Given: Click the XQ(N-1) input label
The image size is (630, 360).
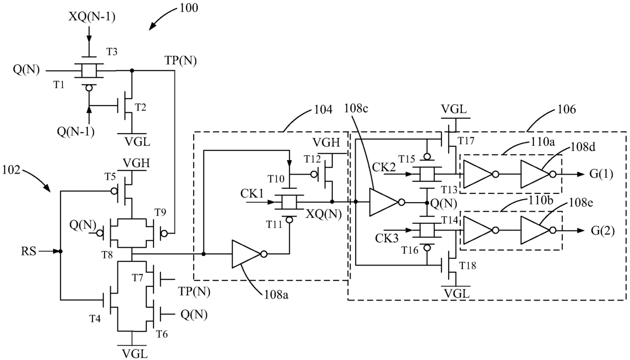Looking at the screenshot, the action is [92, 17].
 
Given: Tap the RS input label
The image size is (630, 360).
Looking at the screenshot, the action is [28, 251].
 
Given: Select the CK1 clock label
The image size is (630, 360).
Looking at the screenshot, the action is [252, 193].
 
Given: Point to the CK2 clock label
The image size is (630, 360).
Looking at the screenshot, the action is [384, 168].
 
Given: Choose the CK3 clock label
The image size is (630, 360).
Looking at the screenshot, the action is [387, 239].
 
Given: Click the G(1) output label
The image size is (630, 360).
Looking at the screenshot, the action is [602, 174].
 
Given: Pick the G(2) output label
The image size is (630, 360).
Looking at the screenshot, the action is [603, 231].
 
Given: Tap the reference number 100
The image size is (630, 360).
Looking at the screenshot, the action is [188, 8].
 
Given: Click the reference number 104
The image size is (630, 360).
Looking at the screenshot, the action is [323, 110].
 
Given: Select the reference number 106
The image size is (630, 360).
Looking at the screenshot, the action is [566, 109].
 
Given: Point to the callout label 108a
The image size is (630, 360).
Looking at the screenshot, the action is [276, 295].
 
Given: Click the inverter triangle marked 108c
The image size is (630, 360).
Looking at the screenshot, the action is [384, 203].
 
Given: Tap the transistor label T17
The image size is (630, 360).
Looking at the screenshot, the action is [466, 141].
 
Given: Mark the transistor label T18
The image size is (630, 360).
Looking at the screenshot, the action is [468, 266].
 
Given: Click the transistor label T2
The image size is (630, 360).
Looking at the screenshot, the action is [141, 107].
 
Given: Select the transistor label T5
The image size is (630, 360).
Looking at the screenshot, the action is [110, 177].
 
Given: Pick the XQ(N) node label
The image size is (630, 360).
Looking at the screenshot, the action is [324, 214].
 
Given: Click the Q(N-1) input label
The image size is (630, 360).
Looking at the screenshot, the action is [75, 131].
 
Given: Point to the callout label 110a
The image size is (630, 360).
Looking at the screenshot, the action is [543, 142].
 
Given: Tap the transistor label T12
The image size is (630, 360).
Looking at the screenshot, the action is [312, 159].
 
